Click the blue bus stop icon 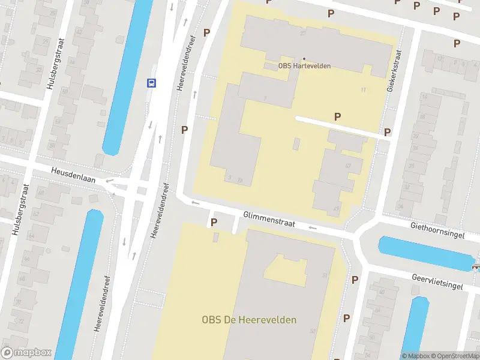152,83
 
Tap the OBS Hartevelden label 304,66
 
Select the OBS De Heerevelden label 249,320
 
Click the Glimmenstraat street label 269,219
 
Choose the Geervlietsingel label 437,282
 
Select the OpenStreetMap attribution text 454,356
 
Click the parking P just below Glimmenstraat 213,223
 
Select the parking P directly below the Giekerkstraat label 388,132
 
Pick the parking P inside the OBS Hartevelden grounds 338,116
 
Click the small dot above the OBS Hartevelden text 304,59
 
